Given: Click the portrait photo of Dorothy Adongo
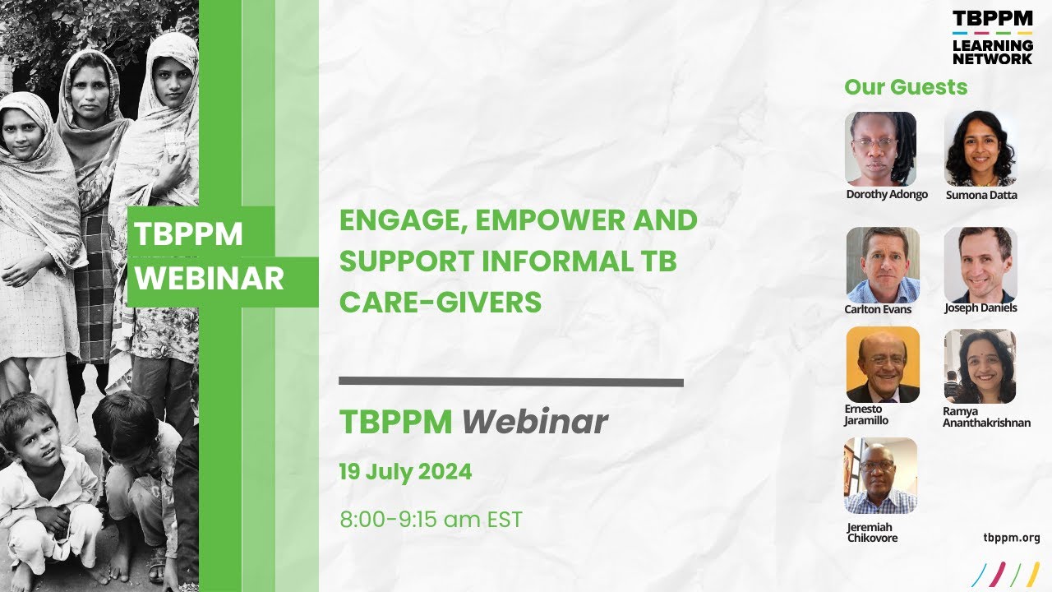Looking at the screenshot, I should click(x=880, y=149).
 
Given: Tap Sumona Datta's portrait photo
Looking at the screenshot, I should click(x=980, y=149).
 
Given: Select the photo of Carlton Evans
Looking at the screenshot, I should click(x=882, y=265).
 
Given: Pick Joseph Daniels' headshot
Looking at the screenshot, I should click(x=980, y=264).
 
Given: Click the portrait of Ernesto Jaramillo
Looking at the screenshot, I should click(x=882, y=364).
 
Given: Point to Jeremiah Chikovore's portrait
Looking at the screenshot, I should click(x=880, y=475).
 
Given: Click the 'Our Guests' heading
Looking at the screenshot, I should click(x=906, y=87).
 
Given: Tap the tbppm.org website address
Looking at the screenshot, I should click(x=1011, y=538).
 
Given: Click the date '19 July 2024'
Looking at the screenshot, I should click(x=406, y=472).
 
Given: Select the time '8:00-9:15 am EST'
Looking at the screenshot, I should click(x=431, y=520).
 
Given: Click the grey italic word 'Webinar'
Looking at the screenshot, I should click(x=534, y=422).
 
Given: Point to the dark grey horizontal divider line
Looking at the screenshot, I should click(x=510, y=382).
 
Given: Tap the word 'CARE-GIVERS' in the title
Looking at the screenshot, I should click(x=441, y=303).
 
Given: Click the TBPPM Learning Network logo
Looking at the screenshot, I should click(x=992, y=37).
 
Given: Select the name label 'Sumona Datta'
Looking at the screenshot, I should click(x=980, y=195).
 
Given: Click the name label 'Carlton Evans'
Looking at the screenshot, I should click(x=878, y=309).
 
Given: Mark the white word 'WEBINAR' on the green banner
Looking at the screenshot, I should click(x=210, y=280).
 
